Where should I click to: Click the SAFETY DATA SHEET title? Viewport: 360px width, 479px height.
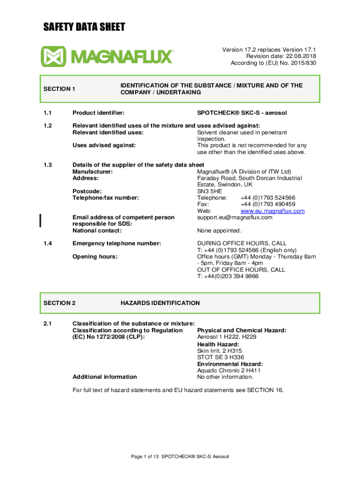[x=84, y=27]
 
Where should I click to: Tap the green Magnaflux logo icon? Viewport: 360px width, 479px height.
[x=53, y=57]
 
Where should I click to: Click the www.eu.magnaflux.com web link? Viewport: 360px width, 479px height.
[x=273, y=211]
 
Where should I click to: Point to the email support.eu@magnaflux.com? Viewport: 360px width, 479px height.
[x=235, y=218]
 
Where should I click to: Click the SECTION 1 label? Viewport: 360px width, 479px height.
[x=59, y=89]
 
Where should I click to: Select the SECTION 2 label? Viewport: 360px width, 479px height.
[x=59, y=303]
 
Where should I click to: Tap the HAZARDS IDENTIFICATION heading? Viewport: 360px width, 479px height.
[x=160, y=303]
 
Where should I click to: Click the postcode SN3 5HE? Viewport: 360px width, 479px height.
[x=210, y=191]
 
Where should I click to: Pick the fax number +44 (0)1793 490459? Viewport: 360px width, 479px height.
[x=268, y=204]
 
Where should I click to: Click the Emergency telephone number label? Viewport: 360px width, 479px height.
[x=117, y=244]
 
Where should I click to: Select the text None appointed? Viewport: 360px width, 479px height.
[x=219, y=231]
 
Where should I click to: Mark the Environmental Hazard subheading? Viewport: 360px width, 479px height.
[x=230, y=364]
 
